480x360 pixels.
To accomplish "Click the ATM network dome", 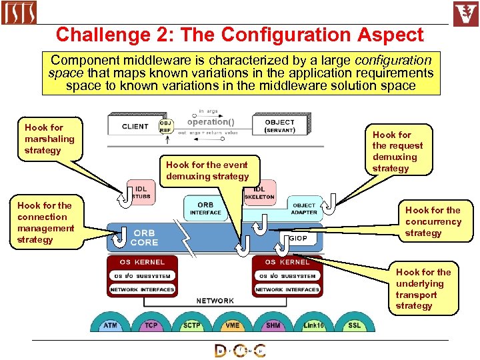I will coord(110,325).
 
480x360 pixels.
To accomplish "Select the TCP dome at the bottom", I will coord(151,325).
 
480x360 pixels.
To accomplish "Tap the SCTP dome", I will coord(192,325).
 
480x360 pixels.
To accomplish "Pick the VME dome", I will coord(233,325).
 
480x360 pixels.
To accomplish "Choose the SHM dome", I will coord(273,325).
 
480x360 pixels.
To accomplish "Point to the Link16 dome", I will coord(313,325).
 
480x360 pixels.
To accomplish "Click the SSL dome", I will coord(354,325).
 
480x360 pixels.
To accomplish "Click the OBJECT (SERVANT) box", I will coord(280,125).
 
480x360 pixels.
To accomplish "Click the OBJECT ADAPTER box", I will coord(305,208).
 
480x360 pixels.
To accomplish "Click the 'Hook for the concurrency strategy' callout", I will coord(433,221).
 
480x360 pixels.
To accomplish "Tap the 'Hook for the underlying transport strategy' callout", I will coord(423,289).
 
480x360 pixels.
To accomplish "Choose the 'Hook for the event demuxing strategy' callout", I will coord(207,171).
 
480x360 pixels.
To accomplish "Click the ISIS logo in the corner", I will coord(19,13).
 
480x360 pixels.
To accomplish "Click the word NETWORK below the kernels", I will coord(215,301).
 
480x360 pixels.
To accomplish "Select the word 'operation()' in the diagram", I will coord(211,122).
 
